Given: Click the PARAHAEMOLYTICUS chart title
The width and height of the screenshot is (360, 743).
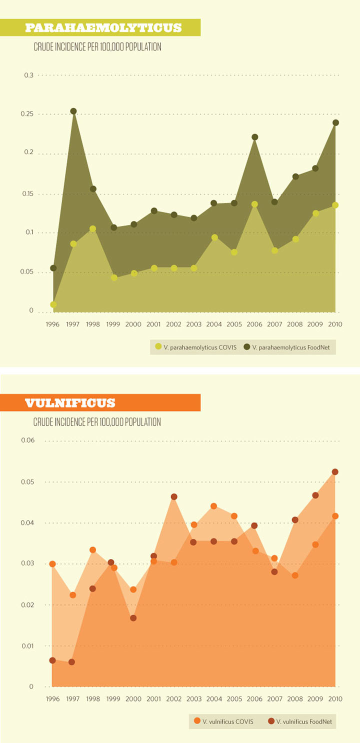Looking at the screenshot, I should [x=103, y=27].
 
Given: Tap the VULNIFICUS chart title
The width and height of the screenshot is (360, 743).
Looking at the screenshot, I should [x=70, y=402].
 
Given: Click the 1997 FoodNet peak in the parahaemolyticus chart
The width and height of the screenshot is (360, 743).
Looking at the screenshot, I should [x=73, y=111].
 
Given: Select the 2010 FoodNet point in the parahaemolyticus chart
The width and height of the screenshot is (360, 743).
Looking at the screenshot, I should [x=335, y=122].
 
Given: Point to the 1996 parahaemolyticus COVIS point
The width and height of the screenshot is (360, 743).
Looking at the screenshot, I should [x=53, y=304].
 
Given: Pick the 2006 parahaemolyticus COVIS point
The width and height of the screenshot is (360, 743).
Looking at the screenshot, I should [x=254, y=204].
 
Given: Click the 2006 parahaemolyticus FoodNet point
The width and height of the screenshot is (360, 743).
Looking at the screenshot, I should [x=254, y=137].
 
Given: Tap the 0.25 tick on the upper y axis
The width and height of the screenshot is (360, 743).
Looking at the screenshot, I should [x=27, y=114].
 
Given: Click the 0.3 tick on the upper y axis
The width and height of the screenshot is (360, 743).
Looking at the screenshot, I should [x=28, y=75].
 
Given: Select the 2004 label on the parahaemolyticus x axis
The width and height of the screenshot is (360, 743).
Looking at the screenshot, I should [x=214, y=324].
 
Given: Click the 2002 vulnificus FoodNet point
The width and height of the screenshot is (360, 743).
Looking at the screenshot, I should [x=174, y=496].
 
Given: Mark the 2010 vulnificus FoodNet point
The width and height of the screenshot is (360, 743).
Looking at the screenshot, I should [x=335, y=472].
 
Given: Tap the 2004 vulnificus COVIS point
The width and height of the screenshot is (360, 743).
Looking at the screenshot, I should [x=213, y=506].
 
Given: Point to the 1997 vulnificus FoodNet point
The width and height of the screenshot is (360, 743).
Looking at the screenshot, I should [x=71, y=662].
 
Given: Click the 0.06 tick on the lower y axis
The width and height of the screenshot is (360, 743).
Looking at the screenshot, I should [x=27, y=440].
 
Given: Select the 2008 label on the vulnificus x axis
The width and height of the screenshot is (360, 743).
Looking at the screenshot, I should [x=294, y=699].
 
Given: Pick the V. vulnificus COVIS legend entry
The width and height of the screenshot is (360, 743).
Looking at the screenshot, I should [x=223, y=721].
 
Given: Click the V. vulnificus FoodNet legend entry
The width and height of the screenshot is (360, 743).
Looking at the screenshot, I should [x=299, y=721].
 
